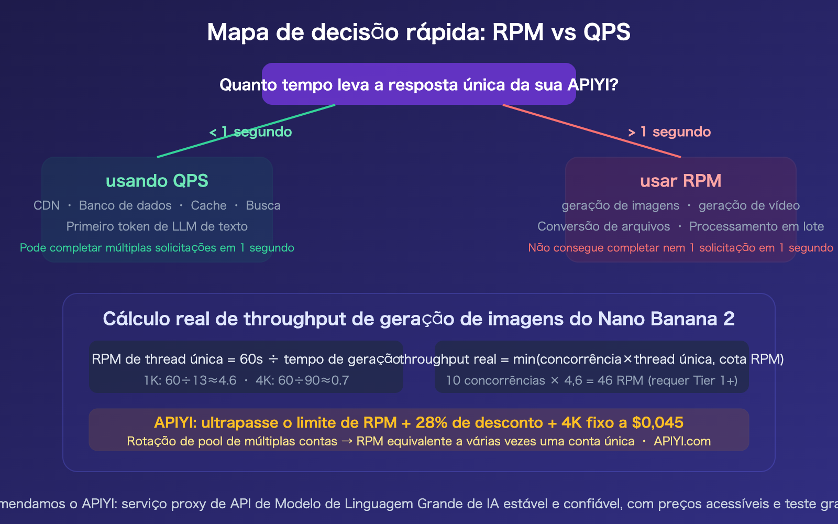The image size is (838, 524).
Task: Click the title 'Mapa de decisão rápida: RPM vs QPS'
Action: click(x=418, y=32)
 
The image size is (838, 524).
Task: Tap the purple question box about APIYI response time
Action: click(x=418, y=84)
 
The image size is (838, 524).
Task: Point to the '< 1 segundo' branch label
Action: click(x=250, y=132)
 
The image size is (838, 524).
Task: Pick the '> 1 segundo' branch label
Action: click(x=669, y=132)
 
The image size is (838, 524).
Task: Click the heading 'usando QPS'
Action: click(x=157, y=181)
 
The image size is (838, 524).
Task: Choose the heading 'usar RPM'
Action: click(x=680, y=181)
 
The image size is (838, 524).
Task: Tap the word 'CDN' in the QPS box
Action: click(x=47, y=205)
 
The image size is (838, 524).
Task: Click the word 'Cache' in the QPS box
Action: click(x=208, y=205)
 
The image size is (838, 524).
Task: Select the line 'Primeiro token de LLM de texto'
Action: click(x=157, y=226)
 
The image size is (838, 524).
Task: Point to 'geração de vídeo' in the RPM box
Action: click(x=749, y=205)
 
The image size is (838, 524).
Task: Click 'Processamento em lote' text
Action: click(x=756, y=226)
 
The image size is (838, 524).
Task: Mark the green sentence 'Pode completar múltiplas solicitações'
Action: click(x=157, y=248)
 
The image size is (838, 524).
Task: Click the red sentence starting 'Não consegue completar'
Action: click(x=680, y=248)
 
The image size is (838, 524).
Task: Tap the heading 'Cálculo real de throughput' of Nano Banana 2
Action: click(x=418, y=319)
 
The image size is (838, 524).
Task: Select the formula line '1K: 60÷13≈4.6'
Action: click(x=190, y=380)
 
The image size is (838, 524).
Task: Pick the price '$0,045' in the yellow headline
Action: click(x=658, y=422)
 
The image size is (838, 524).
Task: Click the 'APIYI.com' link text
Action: click(x=682, y=441)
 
